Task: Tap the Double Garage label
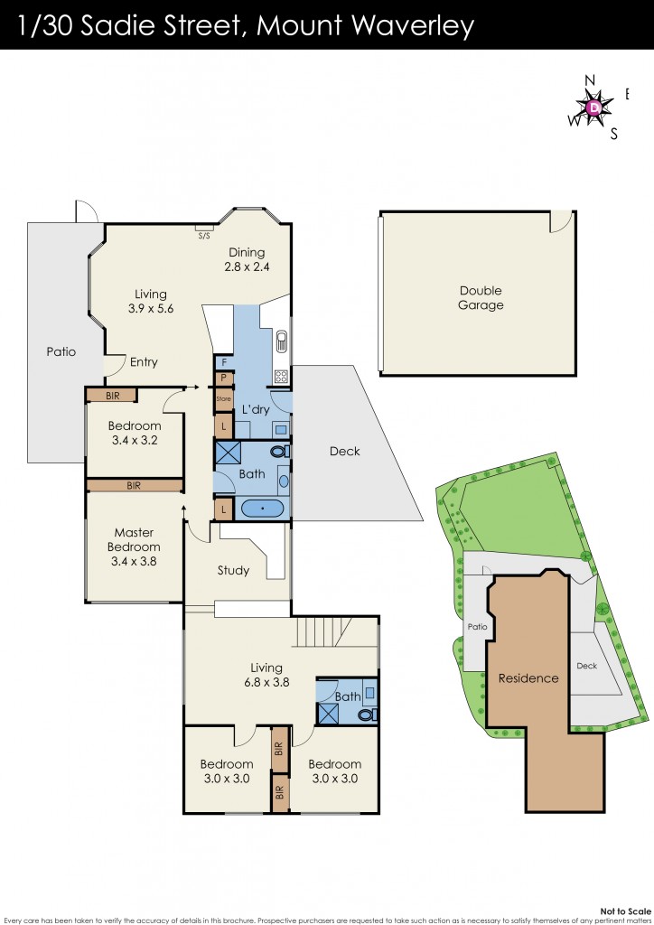coord(481,298)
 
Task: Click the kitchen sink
coord(281,341)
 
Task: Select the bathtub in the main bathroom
coord(263,509)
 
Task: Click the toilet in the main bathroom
coord(281,451)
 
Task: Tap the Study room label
coord(233,570)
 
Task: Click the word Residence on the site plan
coord(528,678)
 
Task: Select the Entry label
coord(144,362)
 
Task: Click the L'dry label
coord(256,410)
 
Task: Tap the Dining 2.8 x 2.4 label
coord(248,260)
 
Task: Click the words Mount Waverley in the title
coord(365,26)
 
